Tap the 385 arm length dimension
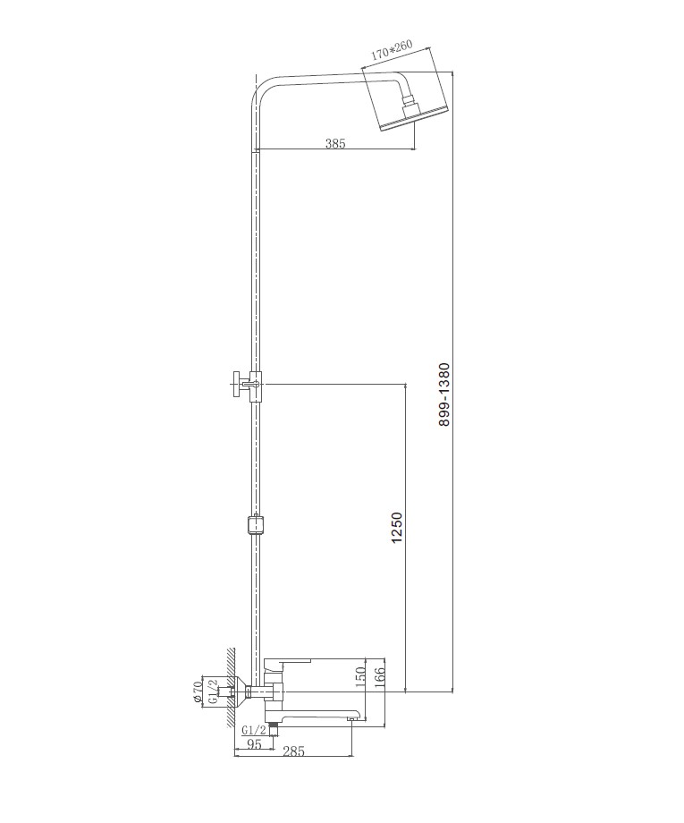point(335,143)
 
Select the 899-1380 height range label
point(443,395)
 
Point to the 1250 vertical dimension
point(397,528)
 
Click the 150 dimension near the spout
point(361,677)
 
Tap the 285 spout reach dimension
point(293,751)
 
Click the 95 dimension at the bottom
point(254,744)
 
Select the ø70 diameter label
point(198,691)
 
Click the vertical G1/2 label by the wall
point(213,691)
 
